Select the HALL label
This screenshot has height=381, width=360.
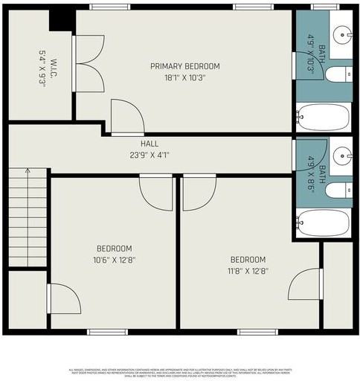(x=150, y=144)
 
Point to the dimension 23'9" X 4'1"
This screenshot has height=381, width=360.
(x=150, y=156)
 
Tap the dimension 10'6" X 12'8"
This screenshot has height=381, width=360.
(x=114, y=260)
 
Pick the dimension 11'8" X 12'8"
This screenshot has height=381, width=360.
(x=248, y=271)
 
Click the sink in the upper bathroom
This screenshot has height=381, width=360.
(x=343, y=33)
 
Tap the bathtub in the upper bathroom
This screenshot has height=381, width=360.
(x=324, y=118)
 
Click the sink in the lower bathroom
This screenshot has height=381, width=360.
(x=343, y=155)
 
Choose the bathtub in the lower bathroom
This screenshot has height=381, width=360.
(x=324, y=222)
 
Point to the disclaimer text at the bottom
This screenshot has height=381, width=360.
(x=180, y=372)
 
